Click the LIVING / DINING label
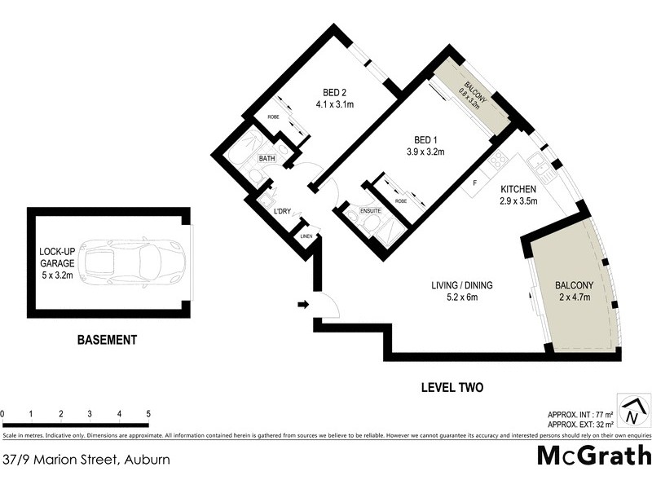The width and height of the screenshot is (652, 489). (463, 285)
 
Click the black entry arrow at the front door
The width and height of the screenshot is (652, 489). (302, 305)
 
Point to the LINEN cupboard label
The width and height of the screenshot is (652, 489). (306, 236)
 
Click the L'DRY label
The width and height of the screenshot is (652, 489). (282, 212)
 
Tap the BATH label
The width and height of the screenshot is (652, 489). (267, 158)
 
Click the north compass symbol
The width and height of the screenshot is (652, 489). (632, 412)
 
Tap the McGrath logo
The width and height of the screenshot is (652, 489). (594, 456)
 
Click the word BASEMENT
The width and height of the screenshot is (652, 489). (107, 340)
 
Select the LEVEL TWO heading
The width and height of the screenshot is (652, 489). (452, 388)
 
